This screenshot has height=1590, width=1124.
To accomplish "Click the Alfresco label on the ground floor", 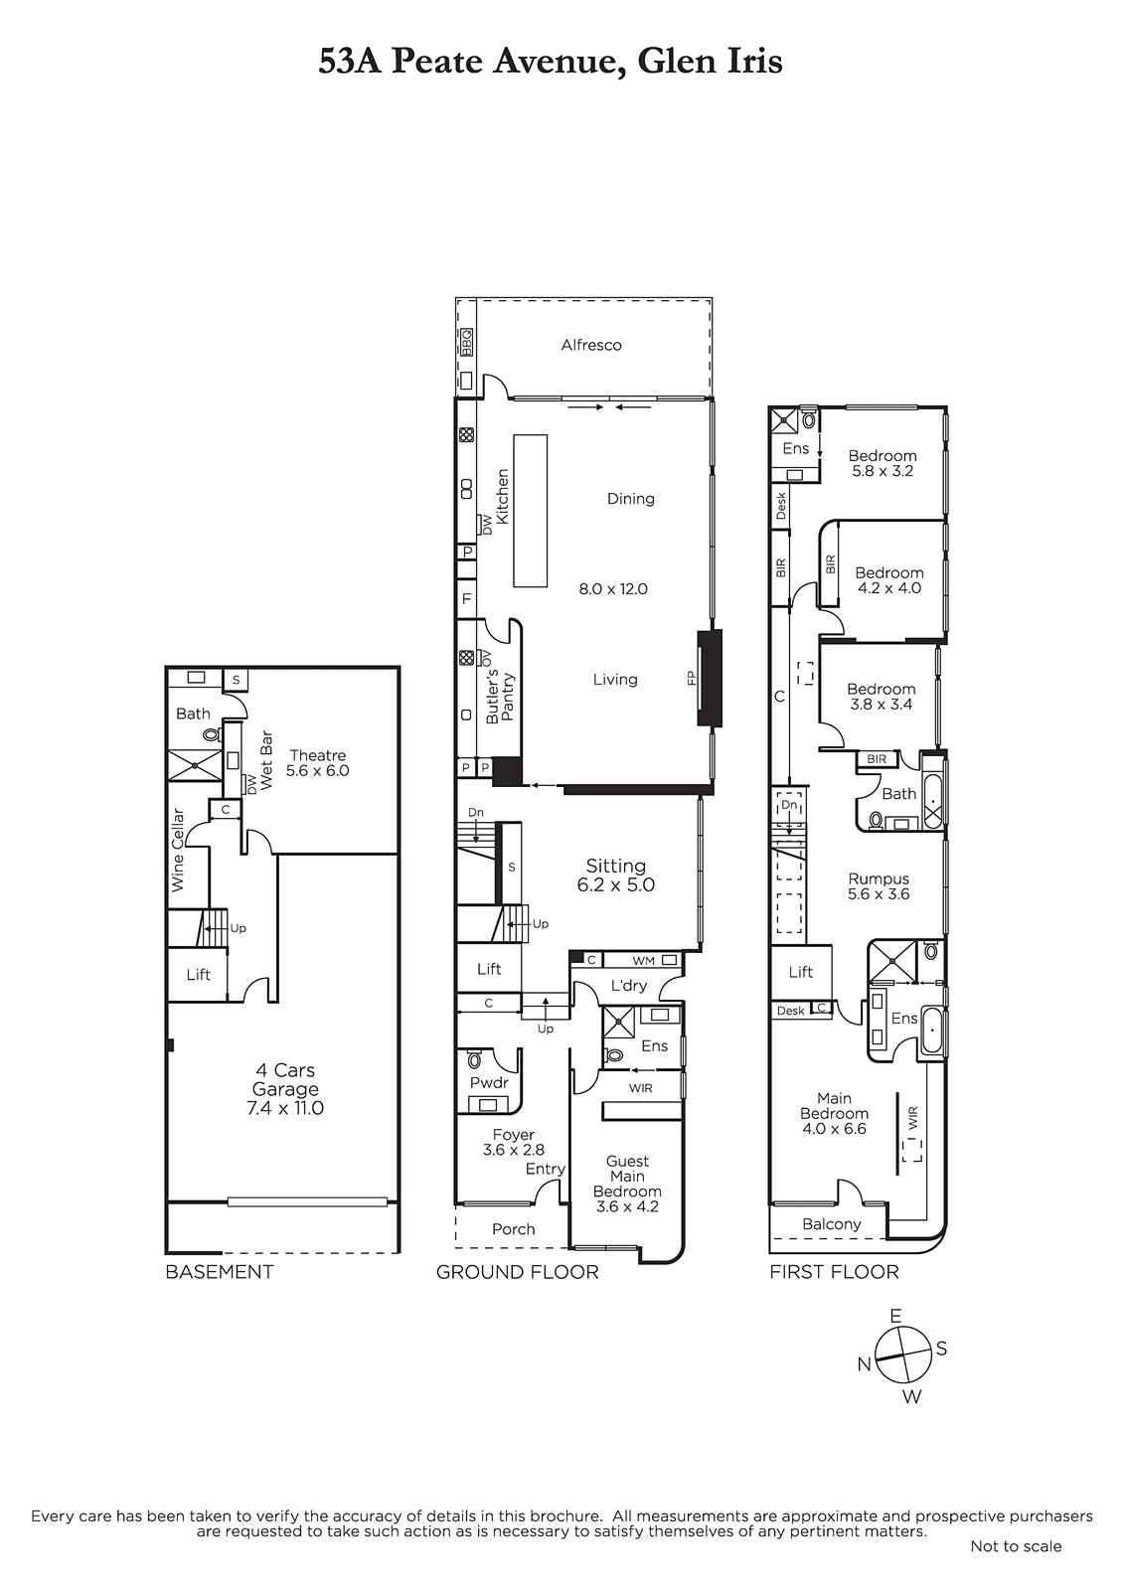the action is pos(590,345).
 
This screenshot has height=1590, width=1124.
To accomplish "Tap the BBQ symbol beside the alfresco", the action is pos(466,342).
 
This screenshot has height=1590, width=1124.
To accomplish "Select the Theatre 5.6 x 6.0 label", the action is pos(317,763).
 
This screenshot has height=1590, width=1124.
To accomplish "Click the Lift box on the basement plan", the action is pos(198,975).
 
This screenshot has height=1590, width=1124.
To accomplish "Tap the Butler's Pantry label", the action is pos(500,697).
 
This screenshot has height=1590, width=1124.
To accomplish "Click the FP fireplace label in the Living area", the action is pos(691,678).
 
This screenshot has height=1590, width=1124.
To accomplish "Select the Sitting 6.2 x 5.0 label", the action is pos(615,875).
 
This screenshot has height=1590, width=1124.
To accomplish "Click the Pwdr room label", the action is pos(489,1083).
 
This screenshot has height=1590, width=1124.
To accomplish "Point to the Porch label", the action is pos(514,1229).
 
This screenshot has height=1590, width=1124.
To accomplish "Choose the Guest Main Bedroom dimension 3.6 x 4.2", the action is pos(627,1206).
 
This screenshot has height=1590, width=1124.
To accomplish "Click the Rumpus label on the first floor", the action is pos(879,878).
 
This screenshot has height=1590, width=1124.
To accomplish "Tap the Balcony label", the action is pos(832,1224).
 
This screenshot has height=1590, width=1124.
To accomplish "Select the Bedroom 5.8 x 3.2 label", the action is pos(883,463).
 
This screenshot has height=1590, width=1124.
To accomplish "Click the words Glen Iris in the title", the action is pos(710,61).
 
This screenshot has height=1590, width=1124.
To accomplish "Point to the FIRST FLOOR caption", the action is pos(834,1271).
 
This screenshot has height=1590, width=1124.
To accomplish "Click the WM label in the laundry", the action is pos(643,961).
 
